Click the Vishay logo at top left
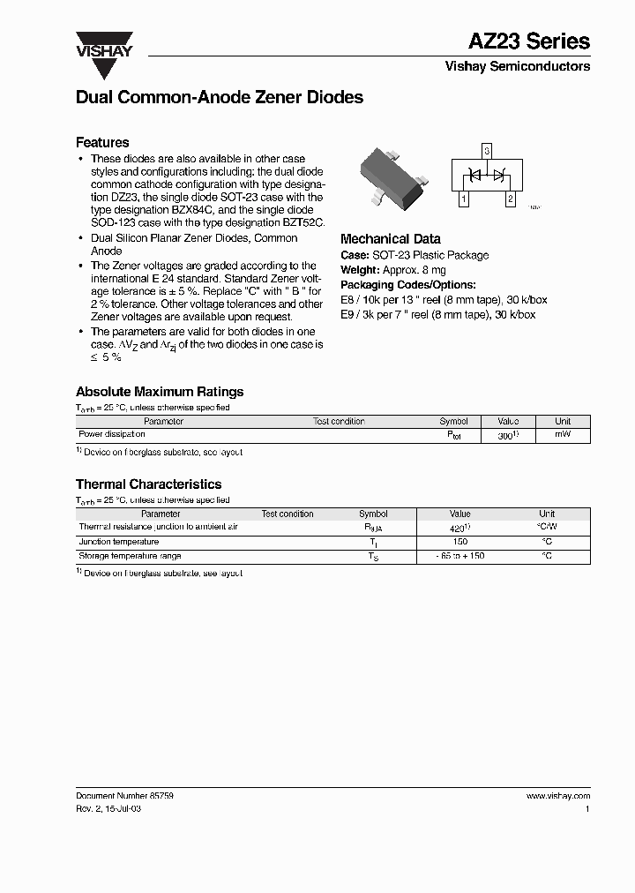103,45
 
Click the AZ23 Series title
529,41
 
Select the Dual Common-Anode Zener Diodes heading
220,98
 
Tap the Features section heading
102,142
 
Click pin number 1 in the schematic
464,200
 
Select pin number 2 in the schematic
509,200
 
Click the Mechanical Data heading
391,239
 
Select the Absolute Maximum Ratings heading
160,392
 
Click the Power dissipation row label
112,435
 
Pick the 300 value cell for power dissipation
506,436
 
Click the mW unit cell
563,435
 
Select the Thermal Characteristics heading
148,484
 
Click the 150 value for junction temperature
459,542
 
